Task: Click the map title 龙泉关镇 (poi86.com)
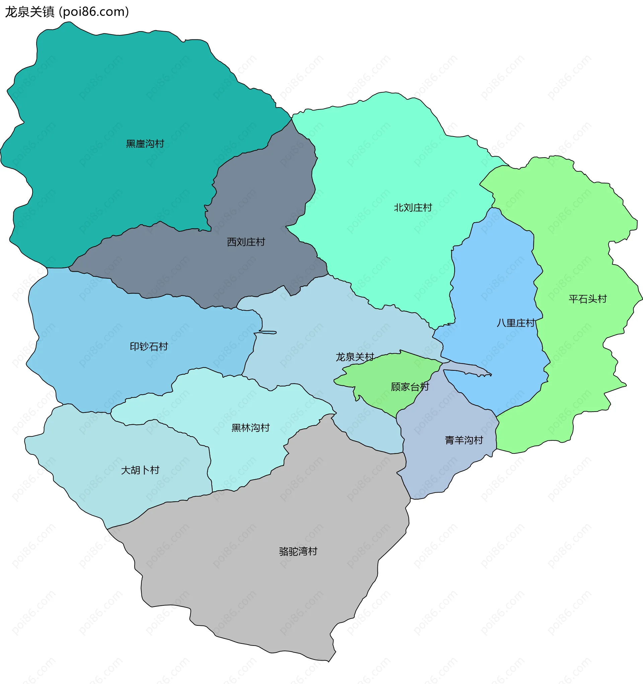tap(67, 12)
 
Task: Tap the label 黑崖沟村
tap(145, 144)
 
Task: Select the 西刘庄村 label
tap(246, 242)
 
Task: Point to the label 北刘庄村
tap(413, 207)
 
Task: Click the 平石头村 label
tap(587, 298)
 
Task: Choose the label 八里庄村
tap(515, 323)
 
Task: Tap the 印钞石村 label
tap(149, 346)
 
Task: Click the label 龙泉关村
tap(355, 357)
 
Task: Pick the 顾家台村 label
tap(410, 387)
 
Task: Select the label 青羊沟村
tap(464, 440)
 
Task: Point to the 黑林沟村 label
tap(251, 428)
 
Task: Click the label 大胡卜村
tap(140, 470)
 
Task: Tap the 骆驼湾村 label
tap(298, 551)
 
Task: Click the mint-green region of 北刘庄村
tap(379, 155)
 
